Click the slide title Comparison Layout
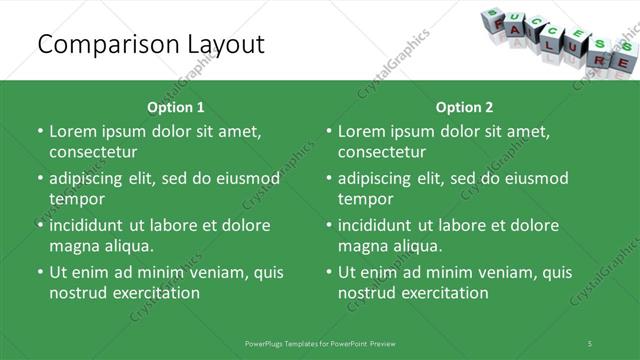[x=150, y=44]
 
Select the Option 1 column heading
[x=176, y=107]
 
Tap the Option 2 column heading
[x=465, y=107]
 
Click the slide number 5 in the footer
[x=590, y=343]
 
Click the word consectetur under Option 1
[x=93, y=152]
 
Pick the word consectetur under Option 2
[x=382, y=152]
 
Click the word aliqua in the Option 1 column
[x=129, y=246]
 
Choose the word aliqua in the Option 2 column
[x=418, y=246]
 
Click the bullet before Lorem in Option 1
[x=40, y=131]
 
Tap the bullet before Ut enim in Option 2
[x=329, y=272]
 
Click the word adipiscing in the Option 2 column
[x=378, y=178]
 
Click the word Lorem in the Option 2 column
[x=363, y=131]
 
